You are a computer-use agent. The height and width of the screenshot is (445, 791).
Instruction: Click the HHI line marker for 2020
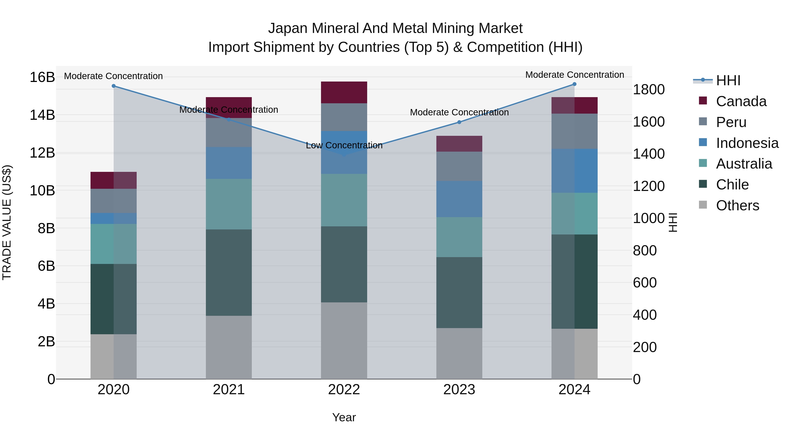pyautogui.click(x=114, y=86)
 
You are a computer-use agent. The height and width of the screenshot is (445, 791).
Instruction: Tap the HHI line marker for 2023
pyautogui.click(x=459, y=122)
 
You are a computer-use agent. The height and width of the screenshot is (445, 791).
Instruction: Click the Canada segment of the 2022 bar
pyautogui.click(x=344, y=93)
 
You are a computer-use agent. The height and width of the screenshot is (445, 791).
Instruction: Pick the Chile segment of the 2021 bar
pyautogui.click(x=229, y=272)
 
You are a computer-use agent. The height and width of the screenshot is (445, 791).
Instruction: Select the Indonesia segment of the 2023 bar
pyautogui.click(x=459, y=199)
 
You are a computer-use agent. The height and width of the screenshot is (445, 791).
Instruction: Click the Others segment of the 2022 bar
pyautogui.click(x=344, y=341)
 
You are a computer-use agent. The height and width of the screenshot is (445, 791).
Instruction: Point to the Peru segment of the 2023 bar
pyautogui.click(x=459, y=166)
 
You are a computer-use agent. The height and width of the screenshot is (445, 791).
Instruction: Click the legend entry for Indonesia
pyautogui.click(x=747, y=143)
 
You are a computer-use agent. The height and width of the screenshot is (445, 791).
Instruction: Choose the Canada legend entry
pyautogui.click(x=741, y=101)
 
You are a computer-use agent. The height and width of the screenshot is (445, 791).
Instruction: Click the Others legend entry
pyautogui.click(x=737, y=205)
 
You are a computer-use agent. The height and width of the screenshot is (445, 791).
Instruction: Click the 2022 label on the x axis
pyautogui.click(x=344, y=390)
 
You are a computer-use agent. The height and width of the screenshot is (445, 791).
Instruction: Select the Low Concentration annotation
pyautogui.click(x=344, y=145)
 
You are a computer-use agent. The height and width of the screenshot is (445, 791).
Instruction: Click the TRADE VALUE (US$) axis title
pyautogui.click(x=7, y=222)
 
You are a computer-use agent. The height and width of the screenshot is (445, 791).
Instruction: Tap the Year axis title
pyautogui.click(x=344, y=417)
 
